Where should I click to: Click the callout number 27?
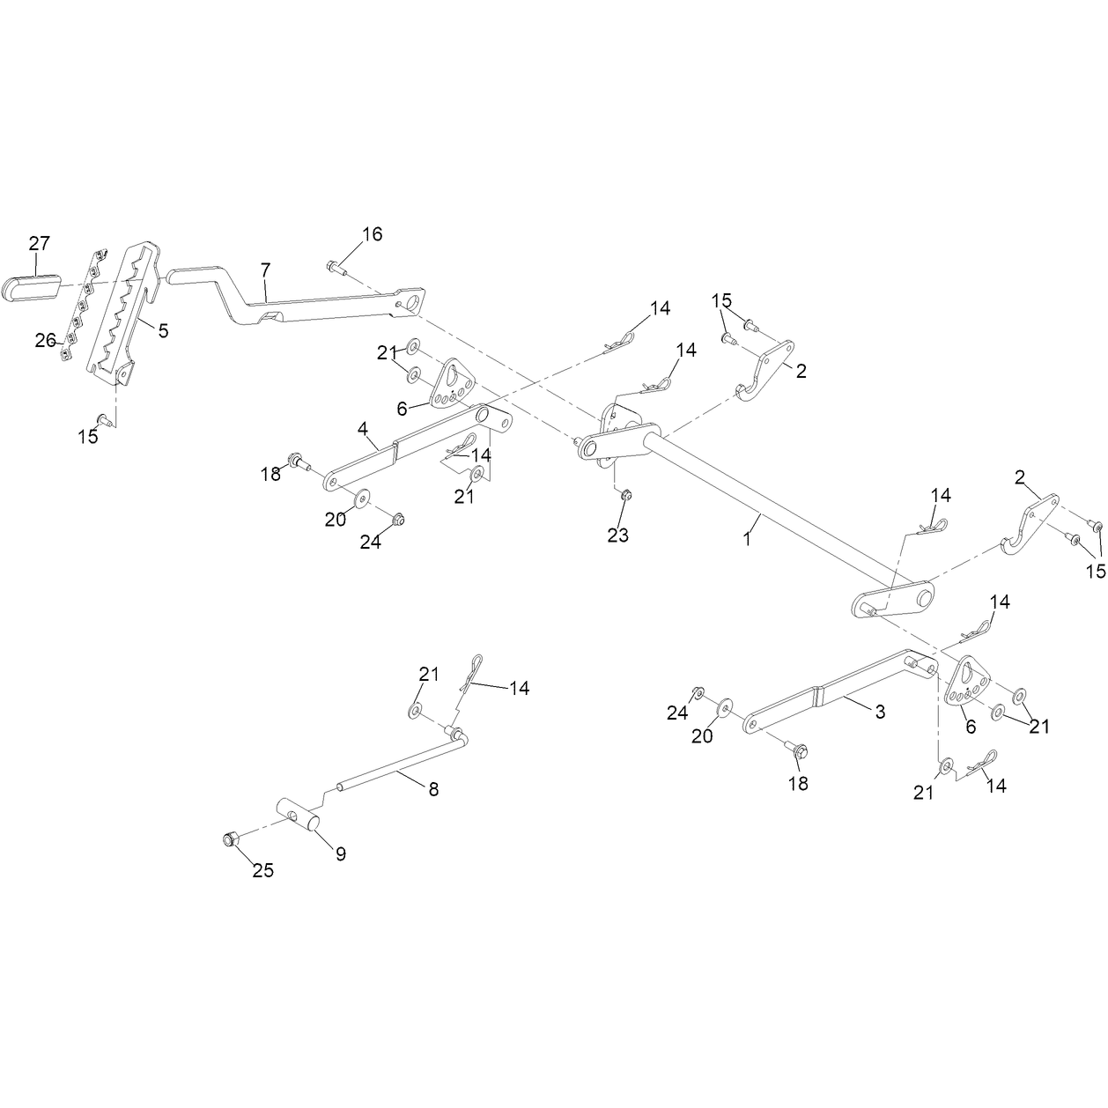(x=40, y=244)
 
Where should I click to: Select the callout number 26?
(x=45, y=340)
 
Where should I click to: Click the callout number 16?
(x=372, y=234)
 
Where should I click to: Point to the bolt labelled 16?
(x=336, y=268)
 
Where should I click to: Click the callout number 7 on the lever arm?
(x=265, y=270)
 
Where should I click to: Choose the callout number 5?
(x=163, y=330)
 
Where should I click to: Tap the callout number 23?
(x=618, y=536)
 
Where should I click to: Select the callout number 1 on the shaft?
(x=747, y=539)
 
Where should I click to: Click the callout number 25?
(x=263, y=870)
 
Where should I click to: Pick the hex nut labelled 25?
(x=229, y=839)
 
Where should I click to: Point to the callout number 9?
(x=341, y=854)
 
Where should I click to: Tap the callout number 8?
(x=433, y=789)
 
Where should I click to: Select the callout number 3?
(x=880, y=712)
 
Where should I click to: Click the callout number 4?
(x=362, y=428)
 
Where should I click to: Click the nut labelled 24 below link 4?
(x=396, y=520)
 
